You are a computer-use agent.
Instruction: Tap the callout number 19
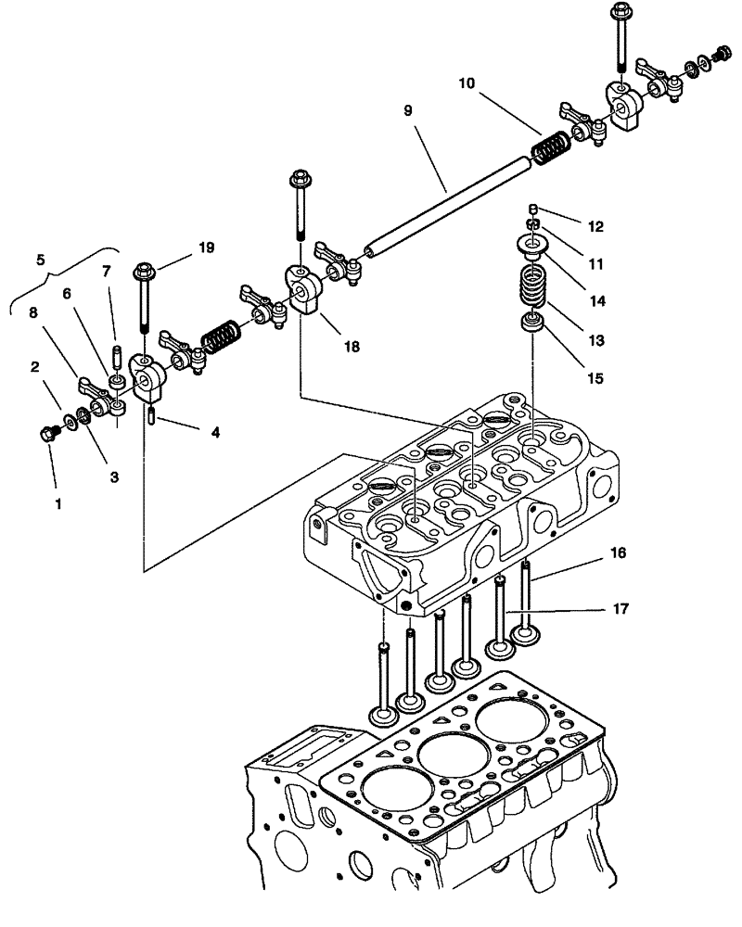(x=206, y=248)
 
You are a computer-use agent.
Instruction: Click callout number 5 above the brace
(x=40, y=260)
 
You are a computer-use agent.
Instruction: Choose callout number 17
(x=620, y=609)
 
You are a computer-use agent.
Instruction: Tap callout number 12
(x=595, y=226)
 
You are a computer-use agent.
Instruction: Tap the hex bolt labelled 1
(x=49, y=433)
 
